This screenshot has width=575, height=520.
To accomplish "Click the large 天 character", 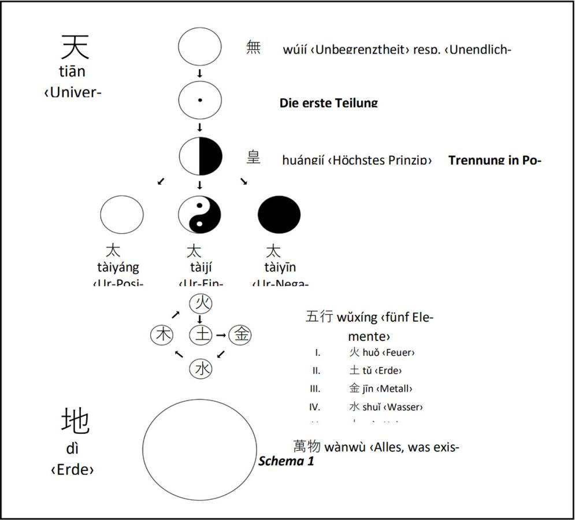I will (x=76, y=46).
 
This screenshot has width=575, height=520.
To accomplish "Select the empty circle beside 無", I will (x=199, y=47).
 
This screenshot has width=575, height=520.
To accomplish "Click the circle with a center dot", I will (x=199, y=101).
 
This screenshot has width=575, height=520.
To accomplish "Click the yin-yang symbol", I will (x=199, y=214).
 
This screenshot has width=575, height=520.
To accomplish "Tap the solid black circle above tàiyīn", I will (x=279, y=214).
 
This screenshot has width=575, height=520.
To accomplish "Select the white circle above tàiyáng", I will (x=122, y=214).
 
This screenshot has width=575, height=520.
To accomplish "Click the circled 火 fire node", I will (x=200, y=302).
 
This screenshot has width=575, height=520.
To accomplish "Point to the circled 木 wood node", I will (x=161, y=335).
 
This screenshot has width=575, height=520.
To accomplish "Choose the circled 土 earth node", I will (x=200, y=335).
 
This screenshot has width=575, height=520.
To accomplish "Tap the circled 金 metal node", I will (x=240, y=335).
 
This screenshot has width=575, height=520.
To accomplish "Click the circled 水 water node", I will (x=200, y=368).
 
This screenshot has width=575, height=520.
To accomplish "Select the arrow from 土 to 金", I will (x=220, y=335).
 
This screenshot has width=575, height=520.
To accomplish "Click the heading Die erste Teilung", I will (x=328, y=103).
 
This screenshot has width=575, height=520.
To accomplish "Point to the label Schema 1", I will (x=286, y=461).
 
